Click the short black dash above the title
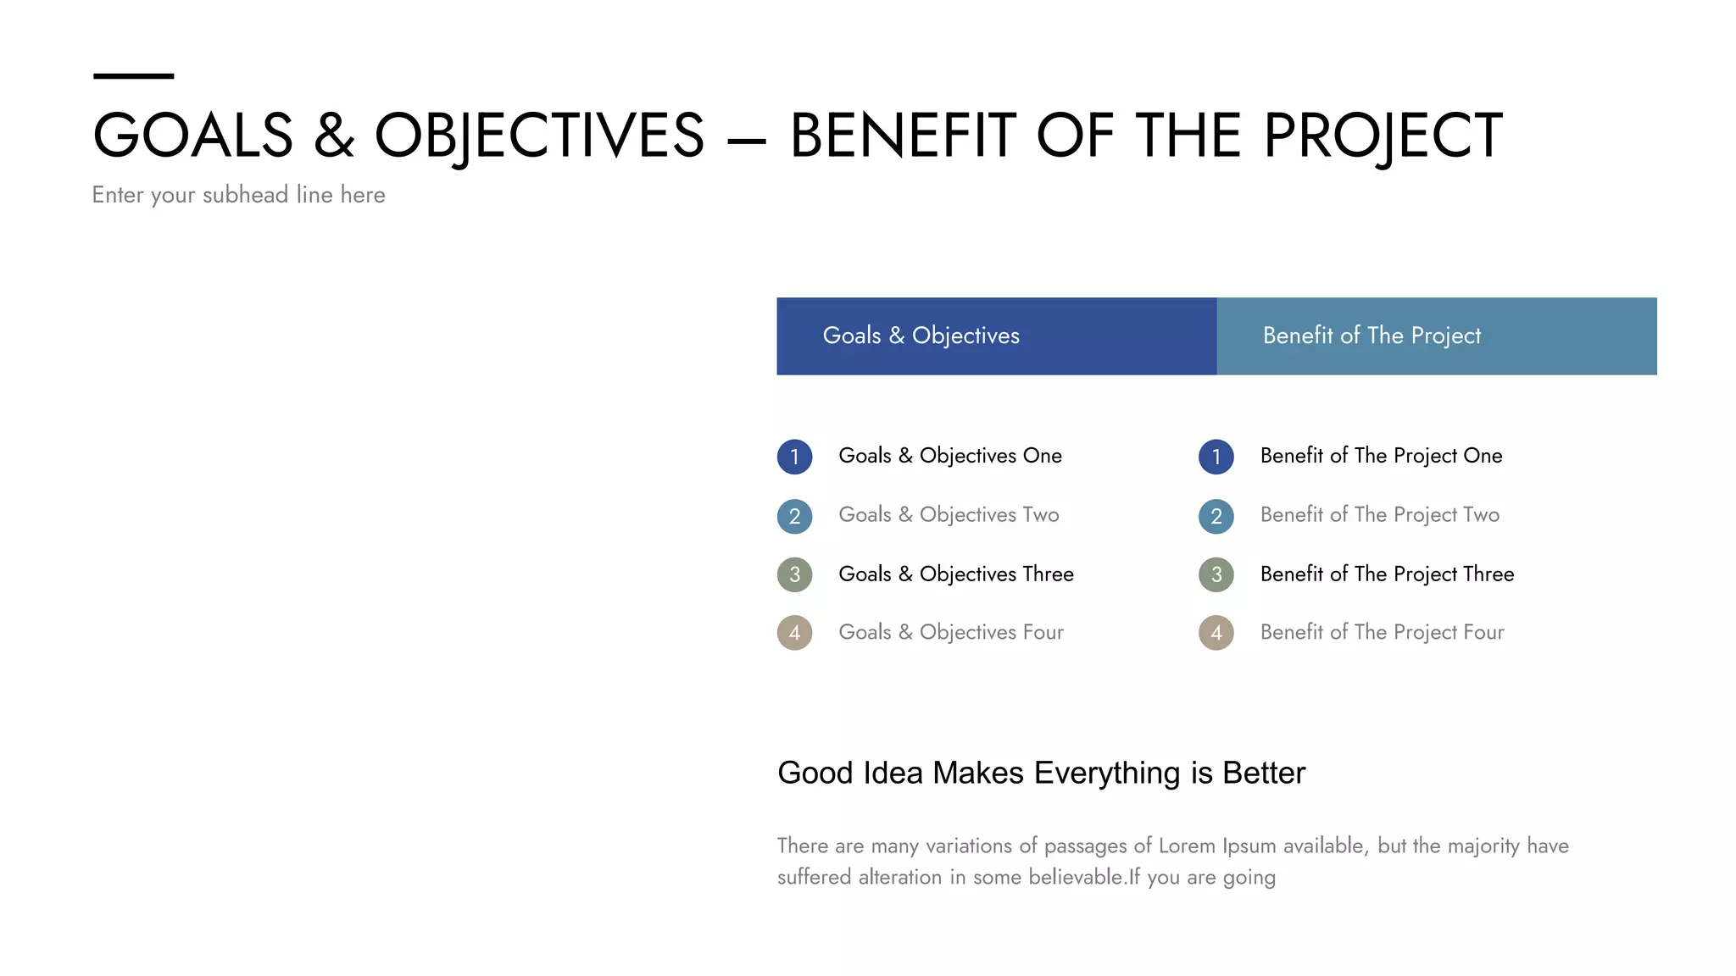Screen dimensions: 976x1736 (x=133, y=76)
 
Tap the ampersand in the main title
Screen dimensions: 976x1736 (x=334, y=136)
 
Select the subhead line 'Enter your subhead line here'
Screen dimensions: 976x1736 (x=238, y=195)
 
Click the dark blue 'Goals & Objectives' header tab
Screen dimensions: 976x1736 (x=996, y=336)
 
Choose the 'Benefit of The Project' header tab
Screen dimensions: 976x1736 (x=1436, y=336)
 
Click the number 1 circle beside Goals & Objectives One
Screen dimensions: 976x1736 (x=794, y=457)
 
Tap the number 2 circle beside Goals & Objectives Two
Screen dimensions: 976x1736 (x=794, y=516)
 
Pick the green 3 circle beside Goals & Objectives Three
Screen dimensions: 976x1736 (x=794, y=574)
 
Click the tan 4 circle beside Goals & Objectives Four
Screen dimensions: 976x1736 (x=794, y=633)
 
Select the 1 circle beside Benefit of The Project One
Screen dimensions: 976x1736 (x=1216, y=457)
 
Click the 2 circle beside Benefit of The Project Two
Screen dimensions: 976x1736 (x=1216, y=516)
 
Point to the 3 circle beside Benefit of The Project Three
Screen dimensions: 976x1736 (x=1216, y=574)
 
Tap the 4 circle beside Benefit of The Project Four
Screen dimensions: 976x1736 (x=1216, y=633)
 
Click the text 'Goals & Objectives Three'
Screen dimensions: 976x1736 (x=955, y=574)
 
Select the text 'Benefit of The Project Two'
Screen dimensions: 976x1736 (x=1379, y=515)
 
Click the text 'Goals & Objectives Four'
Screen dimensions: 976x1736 (x=950, y=633)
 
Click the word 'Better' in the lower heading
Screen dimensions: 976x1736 (x=1263, y=774)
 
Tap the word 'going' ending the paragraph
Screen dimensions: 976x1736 (x=1249, y=878)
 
